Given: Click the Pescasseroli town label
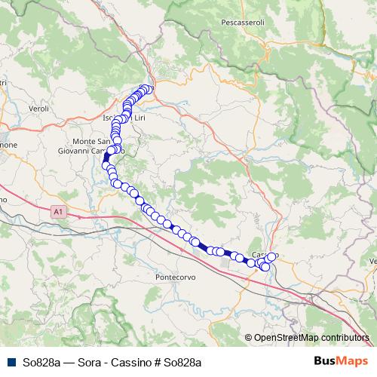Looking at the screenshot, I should tap(243, 23).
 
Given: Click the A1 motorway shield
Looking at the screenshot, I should tap(59, 213).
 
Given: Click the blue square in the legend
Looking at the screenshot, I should tap(10, 362).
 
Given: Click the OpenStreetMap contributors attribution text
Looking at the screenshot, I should tap(311, 338).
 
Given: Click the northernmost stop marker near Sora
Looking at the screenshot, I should tap(148, 89).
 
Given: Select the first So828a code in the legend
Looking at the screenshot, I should tap(38, 363).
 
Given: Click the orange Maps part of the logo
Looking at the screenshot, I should tap(353, 362).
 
